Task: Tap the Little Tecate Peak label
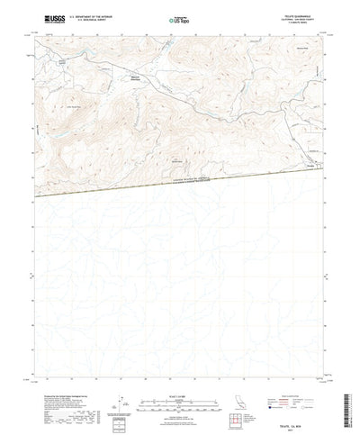(68, 104)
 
